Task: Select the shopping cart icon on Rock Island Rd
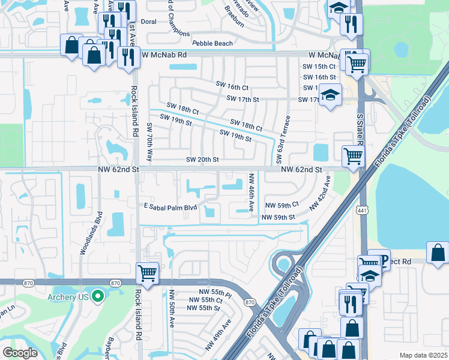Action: click(x=147, y=274)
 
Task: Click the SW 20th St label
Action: click(x=202, y=160)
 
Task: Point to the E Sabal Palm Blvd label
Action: click(x=170, y=208)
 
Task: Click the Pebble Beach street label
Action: click(x=212, y=44)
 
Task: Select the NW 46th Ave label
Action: click(x=250, y=192)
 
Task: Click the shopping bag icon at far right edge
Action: click(x=438, y=252)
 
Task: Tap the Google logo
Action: click(x=20, y=353)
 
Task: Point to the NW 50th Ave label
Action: click(x=172, y=308)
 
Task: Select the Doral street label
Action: click(x=148, y=22)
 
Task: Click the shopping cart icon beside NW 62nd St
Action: click(x=353, y=156)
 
